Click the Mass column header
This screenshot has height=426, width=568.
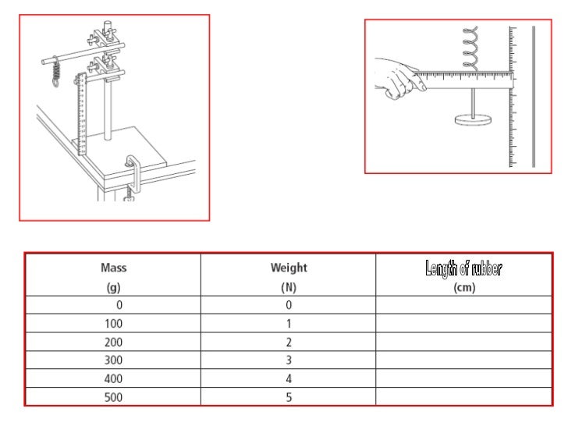click(x=113, y=268)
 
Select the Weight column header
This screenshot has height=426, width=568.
click(x=289, y=268)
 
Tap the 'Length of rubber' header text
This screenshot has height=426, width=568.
click(x=464, y=270)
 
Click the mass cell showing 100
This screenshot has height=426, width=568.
click(x=113, y=323)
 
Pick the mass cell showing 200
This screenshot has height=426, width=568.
click(x=113, y=342)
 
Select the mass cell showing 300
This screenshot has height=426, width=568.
click(x=113, y=360)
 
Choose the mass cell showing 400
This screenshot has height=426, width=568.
click(x=113, y=378)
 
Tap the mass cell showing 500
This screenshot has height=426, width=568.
click(x=113, y=396)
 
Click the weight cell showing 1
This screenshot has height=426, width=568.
click(x=289, y=323)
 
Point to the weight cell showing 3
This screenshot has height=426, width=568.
click(x=289, y=360)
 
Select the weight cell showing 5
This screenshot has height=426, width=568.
click(x=289, y=396)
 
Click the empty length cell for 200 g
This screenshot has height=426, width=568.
click(x=464, y=342)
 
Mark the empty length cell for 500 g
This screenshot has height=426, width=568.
click(x=464, y=396)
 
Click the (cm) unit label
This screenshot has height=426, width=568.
click(x=464, y=287)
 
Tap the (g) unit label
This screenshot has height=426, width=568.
click(x=113, y=287)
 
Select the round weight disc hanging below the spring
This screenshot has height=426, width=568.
click(x=473, y=120)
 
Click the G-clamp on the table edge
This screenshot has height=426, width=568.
click(x=132, y=179)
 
